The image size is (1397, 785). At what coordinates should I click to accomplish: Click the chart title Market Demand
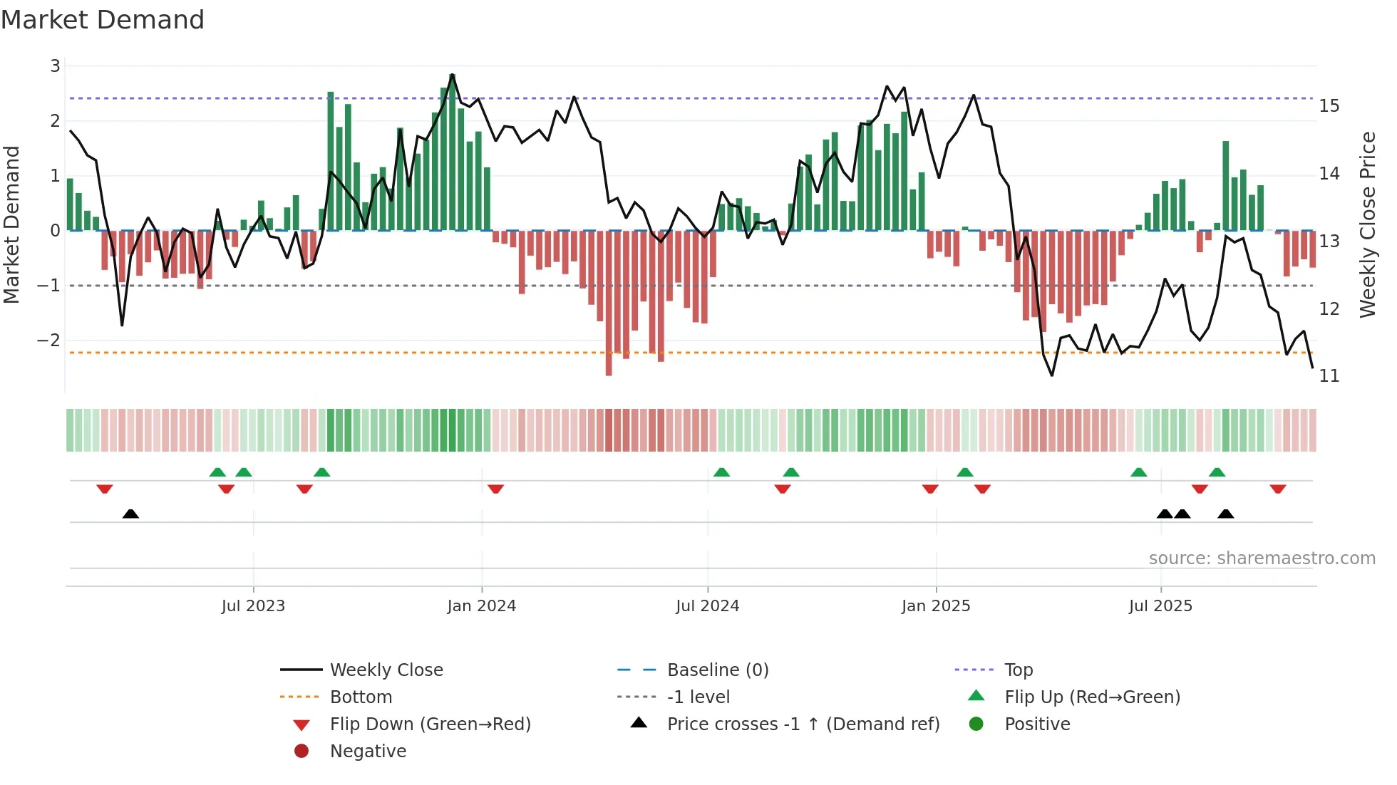[x=103, y=19]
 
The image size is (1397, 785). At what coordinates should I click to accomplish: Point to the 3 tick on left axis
[x=55, y=66]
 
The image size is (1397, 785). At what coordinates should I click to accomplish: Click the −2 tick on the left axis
[x=49, y=340]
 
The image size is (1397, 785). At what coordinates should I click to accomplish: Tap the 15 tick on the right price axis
[x=1329, y=106]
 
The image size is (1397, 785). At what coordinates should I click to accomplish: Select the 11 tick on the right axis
[x=1329, y=376]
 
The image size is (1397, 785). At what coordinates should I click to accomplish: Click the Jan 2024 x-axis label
[x=481, y=606]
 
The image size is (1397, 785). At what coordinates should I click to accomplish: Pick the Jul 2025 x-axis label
[x=1160, y=606]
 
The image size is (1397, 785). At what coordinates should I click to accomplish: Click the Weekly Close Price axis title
[x=1367, y=224]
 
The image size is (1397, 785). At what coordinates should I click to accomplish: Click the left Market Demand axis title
[x=12, y=224]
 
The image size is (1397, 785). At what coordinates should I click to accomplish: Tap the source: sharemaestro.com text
[x=1262, y=558]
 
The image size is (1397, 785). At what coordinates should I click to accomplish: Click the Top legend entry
[x=1018, y=670]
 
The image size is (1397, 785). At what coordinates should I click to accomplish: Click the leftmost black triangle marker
[x=130, y=514]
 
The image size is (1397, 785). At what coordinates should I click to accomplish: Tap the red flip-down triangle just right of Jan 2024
[x=496, y=489]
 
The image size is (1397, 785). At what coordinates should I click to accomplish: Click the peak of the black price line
[x=452, y=75]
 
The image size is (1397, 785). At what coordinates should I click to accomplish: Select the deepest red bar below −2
[x=609, y=370]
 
